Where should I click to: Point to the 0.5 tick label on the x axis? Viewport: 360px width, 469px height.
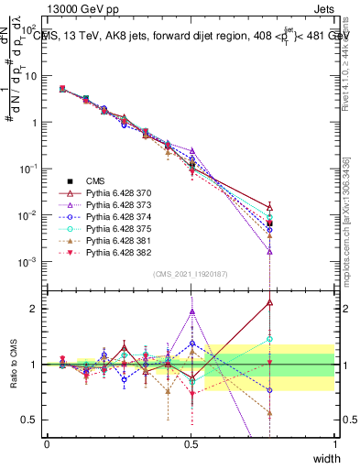tap(191, 443)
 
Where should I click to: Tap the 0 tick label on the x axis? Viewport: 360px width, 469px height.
tap(48, 443)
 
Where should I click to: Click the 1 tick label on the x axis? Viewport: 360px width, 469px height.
tap(335, 443)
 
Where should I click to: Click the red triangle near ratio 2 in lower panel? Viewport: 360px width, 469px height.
tap(269, 301)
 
